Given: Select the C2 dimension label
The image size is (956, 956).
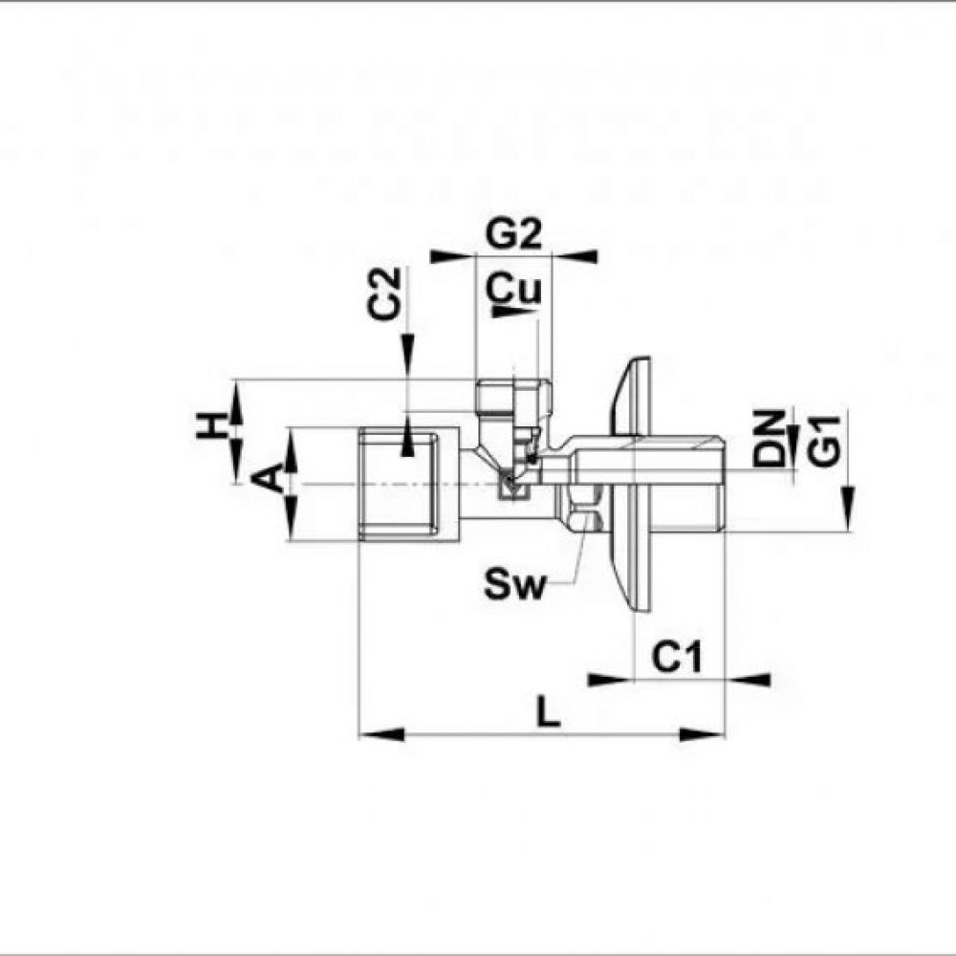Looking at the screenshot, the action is [x=384, y=293].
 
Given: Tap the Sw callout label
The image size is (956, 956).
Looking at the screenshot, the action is [x=513, y=584].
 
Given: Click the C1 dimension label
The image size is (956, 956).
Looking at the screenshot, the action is [x=677, y=658].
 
